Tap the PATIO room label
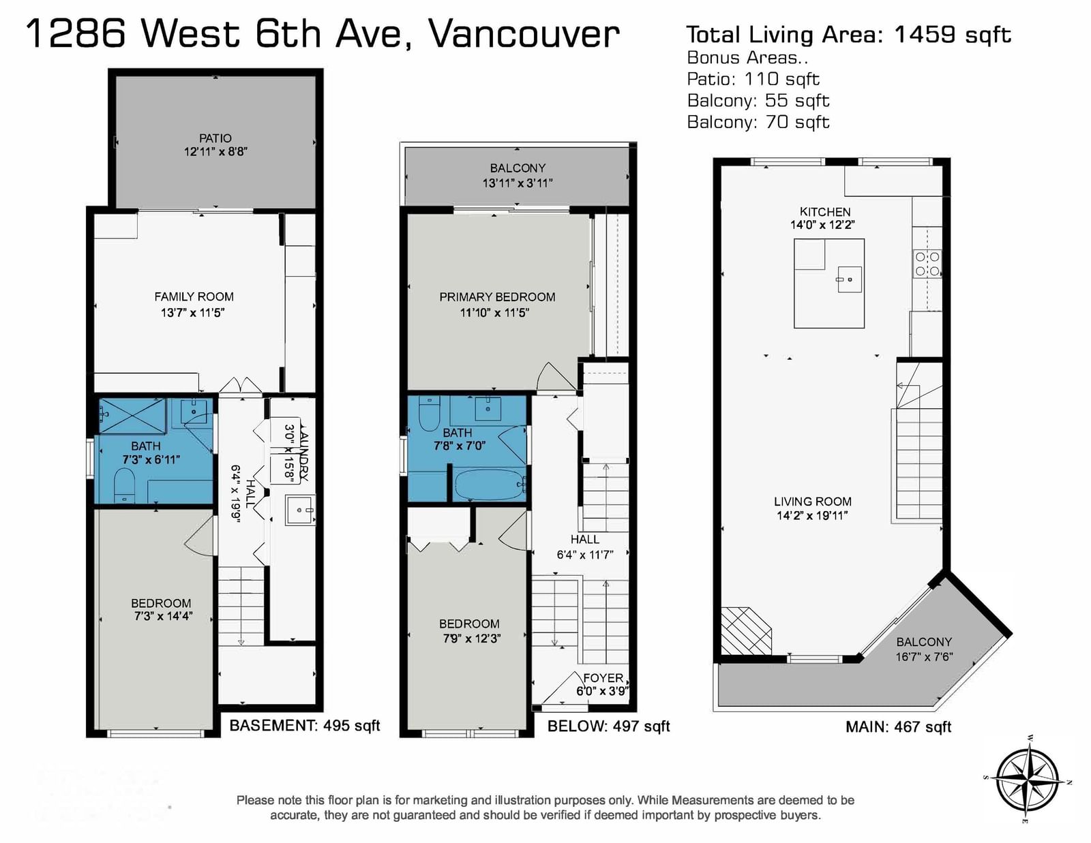tap(215, 138)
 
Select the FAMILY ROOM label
tap(194, 296)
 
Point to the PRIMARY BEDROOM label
tap(497, 297)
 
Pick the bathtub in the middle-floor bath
tap(490, 485)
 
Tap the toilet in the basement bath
tap(124, 485)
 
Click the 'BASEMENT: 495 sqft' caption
tap(305, 726)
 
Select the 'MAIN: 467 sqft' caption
tap(898, 726)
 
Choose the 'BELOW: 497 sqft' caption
tap(608, 726)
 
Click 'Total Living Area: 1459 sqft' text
tap(848, 35)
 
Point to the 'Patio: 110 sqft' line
tap(753, 79)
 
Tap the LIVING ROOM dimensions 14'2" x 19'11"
tap(812, 515)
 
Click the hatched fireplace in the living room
tap(745, 631)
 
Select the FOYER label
tap(603, 678)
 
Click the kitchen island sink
tap(848, 279)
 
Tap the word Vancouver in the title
tap(524, 34)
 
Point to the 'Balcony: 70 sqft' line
tap(758, 122)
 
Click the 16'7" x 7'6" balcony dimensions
tap(925, 657)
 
